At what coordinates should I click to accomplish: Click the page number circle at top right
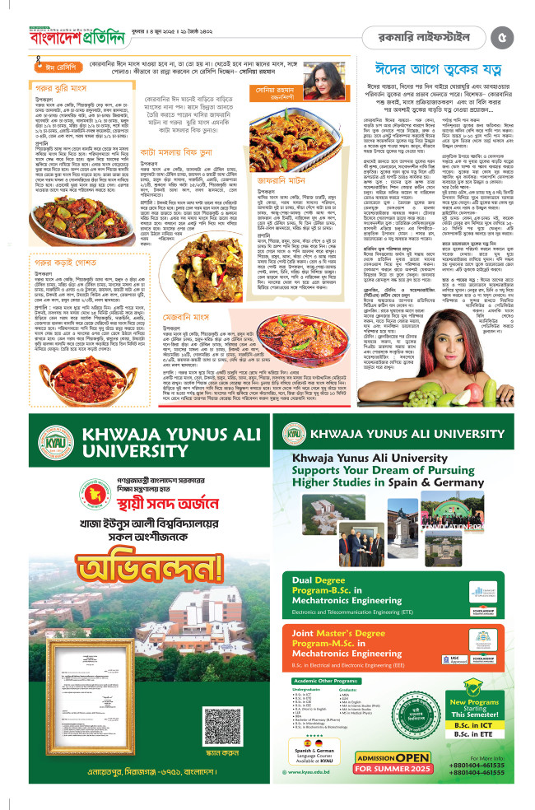click(505, 36)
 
